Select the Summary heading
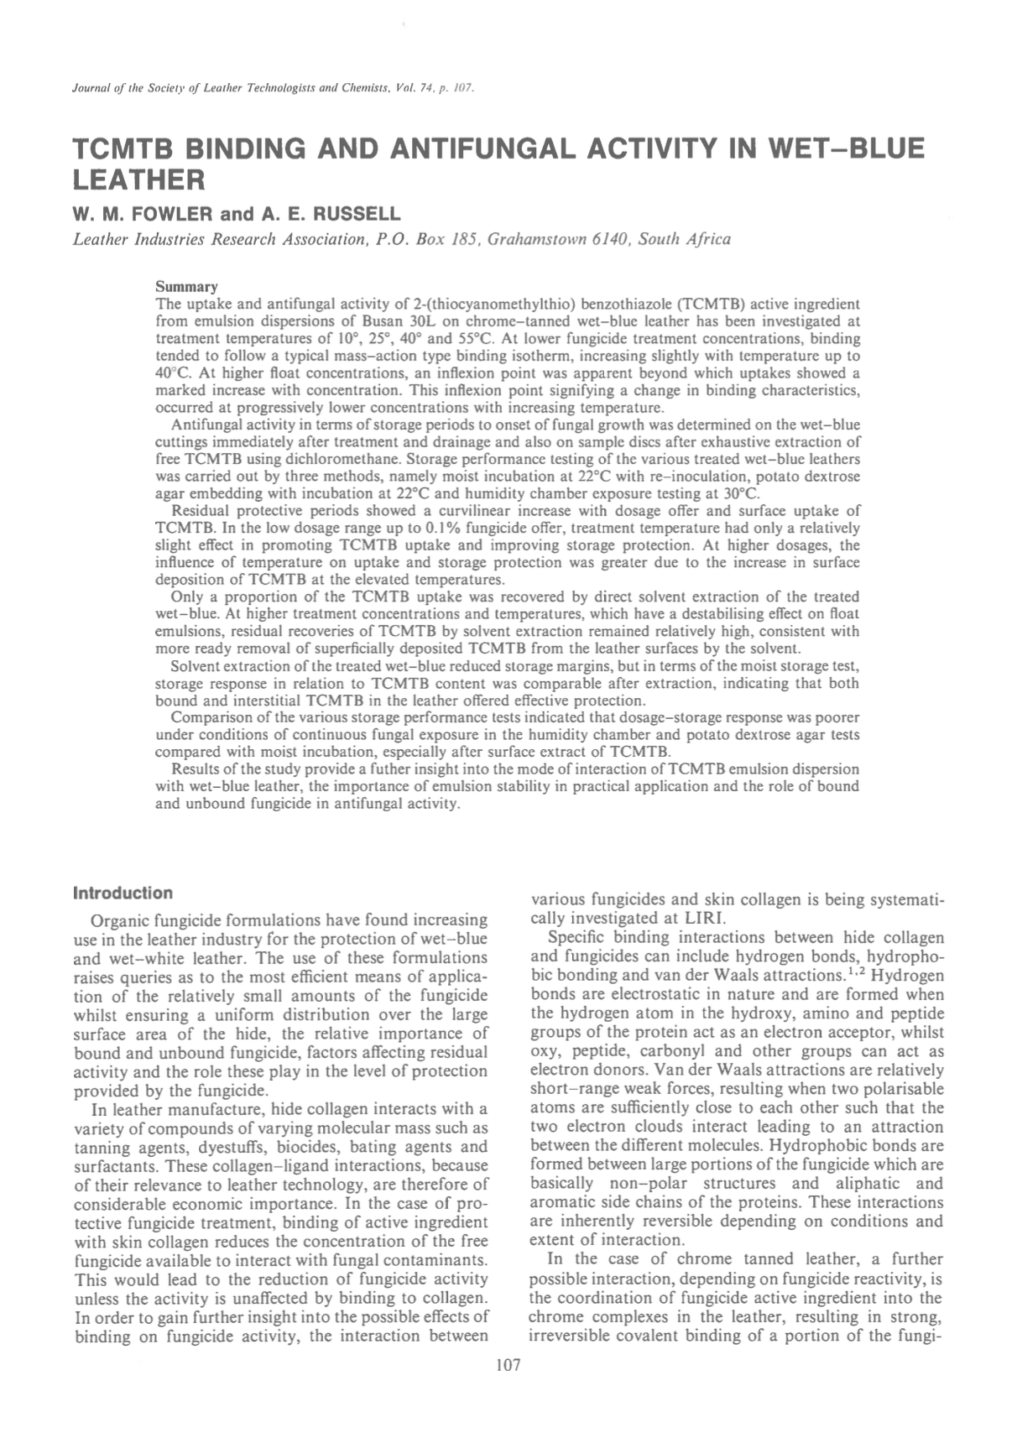pyautogui.click(x=187, y=287)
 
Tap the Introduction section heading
pyautogui.click(x=123, y=893)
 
